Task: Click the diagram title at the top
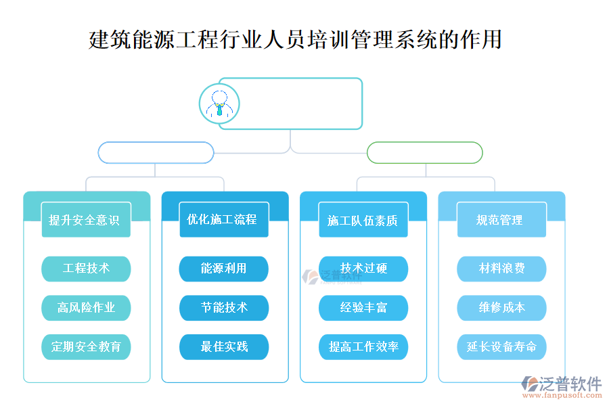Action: pos(295,39)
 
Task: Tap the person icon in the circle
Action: pos(219,104)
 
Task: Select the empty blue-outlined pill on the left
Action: pos(156,152)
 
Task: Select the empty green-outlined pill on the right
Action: pos(424,152)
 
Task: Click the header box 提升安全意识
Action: pos(85,220)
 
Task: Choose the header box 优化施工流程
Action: pos(223,220)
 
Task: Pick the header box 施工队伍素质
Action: pos(363,220)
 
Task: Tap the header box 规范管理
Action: pos(501,220)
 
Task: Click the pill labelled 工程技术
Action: pos(86,269)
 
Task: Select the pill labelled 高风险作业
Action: pos(86,308)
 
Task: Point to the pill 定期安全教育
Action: pos(86,346)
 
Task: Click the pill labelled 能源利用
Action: pos(224,269)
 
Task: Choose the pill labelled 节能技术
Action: pos(224,308)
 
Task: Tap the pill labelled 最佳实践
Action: pos(224,346)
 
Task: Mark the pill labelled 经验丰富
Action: pos(363,308)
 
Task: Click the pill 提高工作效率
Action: pos(363,346)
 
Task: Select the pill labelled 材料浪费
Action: pos(501,269)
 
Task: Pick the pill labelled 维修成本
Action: pos(501,308)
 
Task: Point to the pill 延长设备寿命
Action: pos(501,346)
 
